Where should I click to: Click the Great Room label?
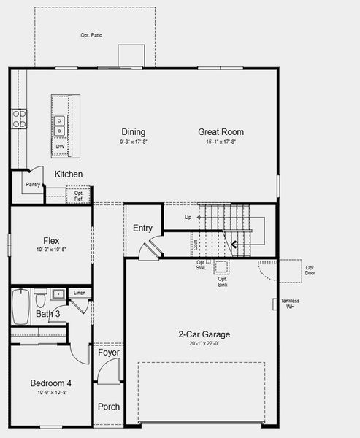pyautogui.click(x=221, y=132)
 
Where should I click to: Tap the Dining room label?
pyautogui.click(x=133, y=132)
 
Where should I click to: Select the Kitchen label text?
pyautogui.click(x=69, y=174)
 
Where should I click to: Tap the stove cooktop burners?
pyautogui.click(x=18, y=119)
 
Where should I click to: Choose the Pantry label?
pyautogui.click(x=32, y=185)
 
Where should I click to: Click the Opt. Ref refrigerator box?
pyautogui.click(x=78, y=196)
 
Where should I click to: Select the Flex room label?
pyautogui.click(x=51, y=241)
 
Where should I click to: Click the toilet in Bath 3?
pyautogui.click(x=41, y=299)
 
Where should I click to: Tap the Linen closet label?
pyautogui.click(x=80, y=293)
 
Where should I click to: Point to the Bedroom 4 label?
pyautogui.click(x=50, y=383)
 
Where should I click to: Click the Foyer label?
pyautogui.click(x=108, y=353)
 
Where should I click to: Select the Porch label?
pyautogui.click(x=108, y=407)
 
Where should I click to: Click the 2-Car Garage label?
pyautogui.click(x=204, y=334)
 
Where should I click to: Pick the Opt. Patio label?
pyautogui.click(x=91, y=35)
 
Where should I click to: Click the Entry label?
pyautogui.click(x=142, y=228)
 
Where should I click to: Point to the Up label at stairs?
pyautogui.click(x=188, y=217)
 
